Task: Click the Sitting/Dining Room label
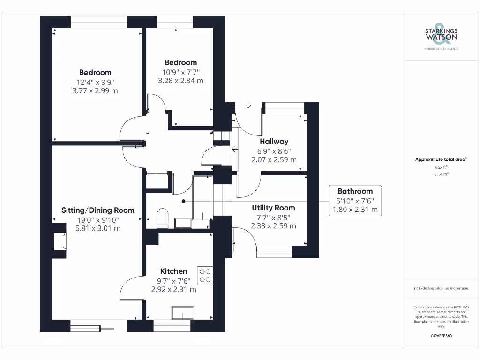(x=98, y=210)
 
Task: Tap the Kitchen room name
(x=173, y=271)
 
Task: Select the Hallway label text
(x=274, y=141)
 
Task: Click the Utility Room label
(x=273, y=208)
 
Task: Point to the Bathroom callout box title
(x=355, y=191)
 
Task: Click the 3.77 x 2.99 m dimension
(x=95, y=90)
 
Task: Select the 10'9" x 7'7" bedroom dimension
(x=180, y=72)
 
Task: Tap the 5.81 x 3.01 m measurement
(x=98, y=228)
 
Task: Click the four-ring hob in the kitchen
(x=205, y=275)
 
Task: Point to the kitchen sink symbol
(x=182, y=313)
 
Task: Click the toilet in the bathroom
(x=162, y=218)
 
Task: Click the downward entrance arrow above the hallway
(x=248, y=105)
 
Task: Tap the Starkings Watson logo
(x=441, y=35)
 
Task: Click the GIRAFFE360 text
(x=441, y=336)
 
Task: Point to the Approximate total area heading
(x=441, y=159)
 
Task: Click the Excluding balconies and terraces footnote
(x=441, y=288)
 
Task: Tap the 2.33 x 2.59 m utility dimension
(x=273, y=225)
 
